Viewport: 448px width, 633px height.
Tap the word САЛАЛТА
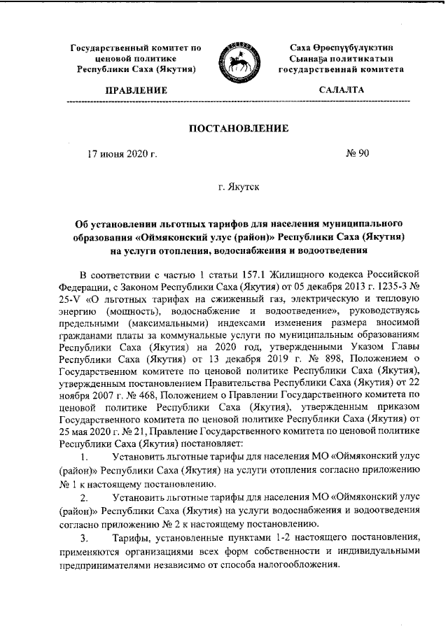point(341,90)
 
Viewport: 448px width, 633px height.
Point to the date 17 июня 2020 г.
point(121,153)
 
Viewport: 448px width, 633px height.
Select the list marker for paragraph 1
point(84,457)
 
